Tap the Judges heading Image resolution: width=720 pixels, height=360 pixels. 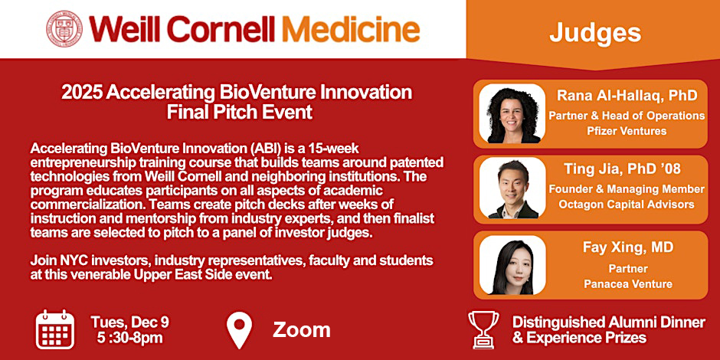pyautogui.click(x=594, y=32)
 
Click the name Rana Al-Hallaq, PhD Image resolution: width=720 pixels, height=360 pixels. pyautogui.click(x=626, y=97)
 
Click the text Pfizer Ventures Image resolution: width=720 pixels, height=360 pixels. pyautogui.click(x=626, y=131)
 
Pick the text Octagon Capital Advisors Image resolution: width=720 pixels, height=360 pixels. pyautogui.click(x=626, y=205)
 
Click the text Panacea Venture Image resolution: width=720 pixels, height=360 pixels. pyautogui.click(x=626, y=284)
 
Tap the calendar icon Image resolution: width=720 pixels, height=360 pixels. pyautogui.click(x=54, y=329)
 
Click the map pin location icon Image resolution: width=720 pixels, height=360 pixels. pyautogui.click(x=240, y=330)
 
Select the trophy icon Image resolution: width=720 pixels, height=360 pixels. pyautogui.click(x=483, y=330)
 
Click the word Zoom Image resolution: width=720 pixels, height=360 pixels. pyautogui.click(x=302, y=330)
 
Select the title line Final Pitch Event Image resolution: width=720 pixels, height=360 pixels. pyautogui.click(x=237, y=113)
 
